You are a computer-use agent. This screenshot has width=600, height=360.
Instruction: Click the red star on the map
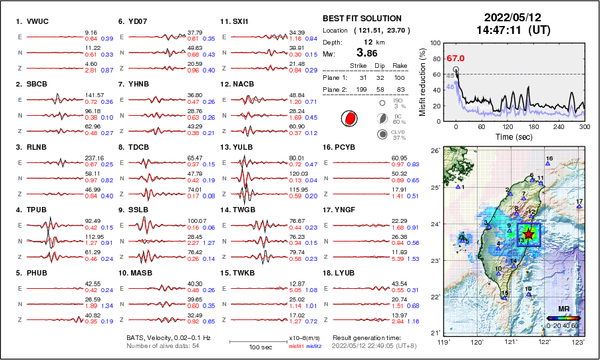528,234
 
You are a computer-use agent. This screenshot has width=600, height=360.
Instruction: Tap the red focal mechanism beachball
349,119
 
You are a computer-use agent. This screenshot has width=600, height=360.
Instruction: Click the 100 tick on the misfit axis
435,43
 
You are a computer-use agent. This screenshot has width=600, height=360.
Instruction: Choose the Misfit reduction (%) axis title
422,81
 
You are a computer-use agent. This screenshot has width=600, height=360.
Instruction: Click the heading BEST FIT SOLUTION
362,19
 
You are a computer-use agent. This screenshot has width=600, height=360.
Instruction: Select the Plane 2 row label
334,88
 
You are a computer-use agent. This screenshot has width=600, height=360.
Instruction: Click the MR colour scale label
563,309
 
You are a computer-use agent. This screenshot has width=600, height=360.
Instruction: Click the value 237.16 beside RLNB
94,158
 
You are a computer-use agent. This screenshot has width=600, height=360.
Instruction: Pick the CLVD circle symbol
382,134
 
